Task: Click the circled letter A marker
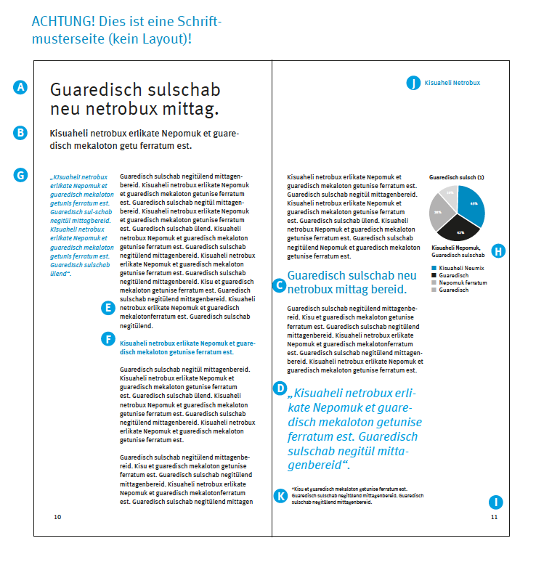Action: point(20,87)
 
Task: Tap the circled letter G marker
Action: point(20,174)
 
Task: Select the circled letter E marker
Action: point(107,309)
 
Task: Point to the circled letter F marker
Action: point(107,338)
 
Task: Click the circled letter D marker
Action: point(280,388)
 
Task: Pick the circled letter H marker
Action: point(498,251)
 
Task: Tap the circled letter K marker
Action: point(280,496)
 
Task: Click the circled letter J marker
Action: point(413,83)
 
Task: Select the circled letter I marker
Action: point(495,502)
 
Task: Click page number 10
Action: point(57,517)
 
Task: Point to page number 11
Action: point(494,517)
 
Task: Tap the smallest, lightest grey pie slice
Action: point(450,195)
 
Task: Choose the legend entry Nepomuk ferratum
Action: point(463,282)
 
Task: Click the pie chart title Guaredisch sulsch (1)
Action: point(457,177)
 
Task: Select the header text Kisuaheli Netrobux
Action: point(452,83)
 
